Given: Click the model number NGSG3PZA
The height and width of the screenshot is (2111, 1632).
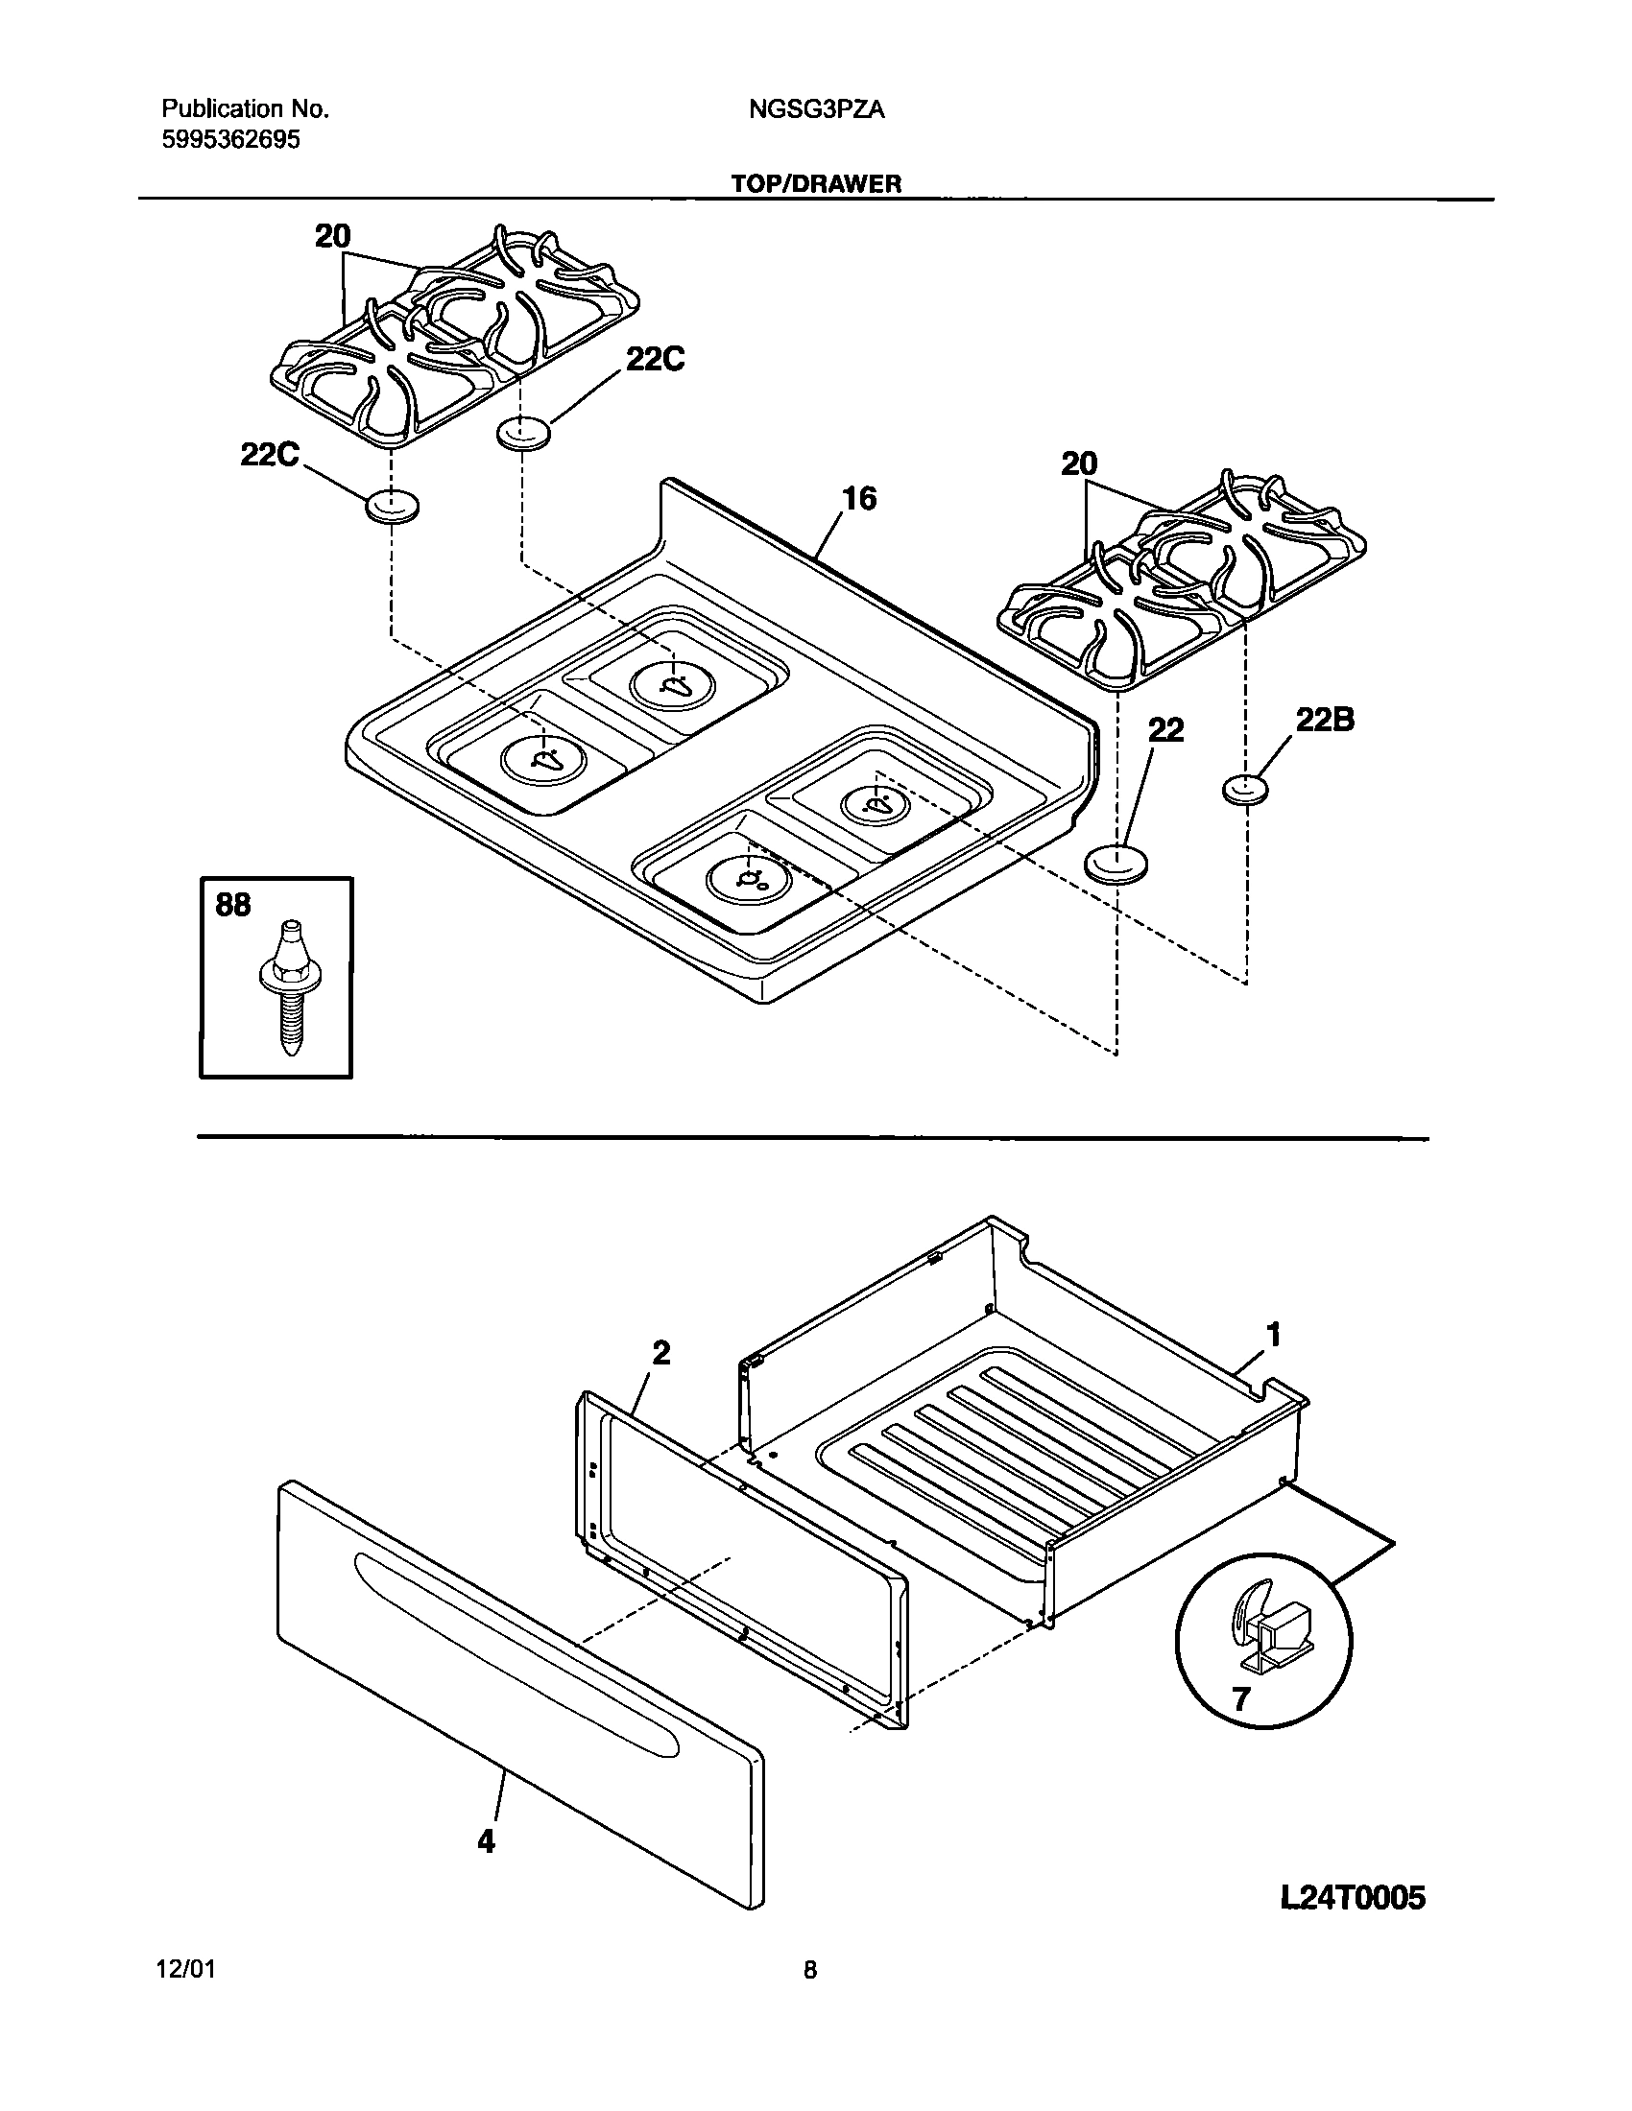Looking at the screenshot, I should point(816,110).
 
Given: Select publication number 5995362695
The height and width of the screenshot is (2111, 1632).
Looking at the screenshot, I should point(230,141).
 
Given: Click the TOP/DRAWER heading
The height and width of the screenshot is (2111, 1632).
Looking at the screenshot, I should point(816,183).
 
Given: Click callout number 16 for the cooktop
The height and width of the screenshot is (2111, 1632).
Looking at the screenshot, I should point(858,499).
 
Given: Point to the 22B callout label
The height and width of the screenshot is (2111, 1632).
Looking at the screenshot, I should point(1324,720).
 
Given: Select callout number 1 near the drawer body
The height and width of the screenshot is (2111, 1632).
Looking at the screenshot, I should point(1273,1336).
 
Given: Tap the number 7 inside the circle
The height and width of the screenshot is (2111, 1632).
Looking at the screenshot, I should point(1241,1698).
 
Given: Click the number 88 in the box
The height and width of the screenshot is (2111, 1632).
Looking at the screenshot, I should point(233,906).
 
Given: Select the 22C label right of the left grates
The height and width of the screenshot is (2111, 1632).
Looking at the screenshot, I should point(655,360).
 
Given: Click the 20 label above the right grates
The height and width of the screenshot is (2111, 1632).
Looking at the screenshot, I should point(1079,465).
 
